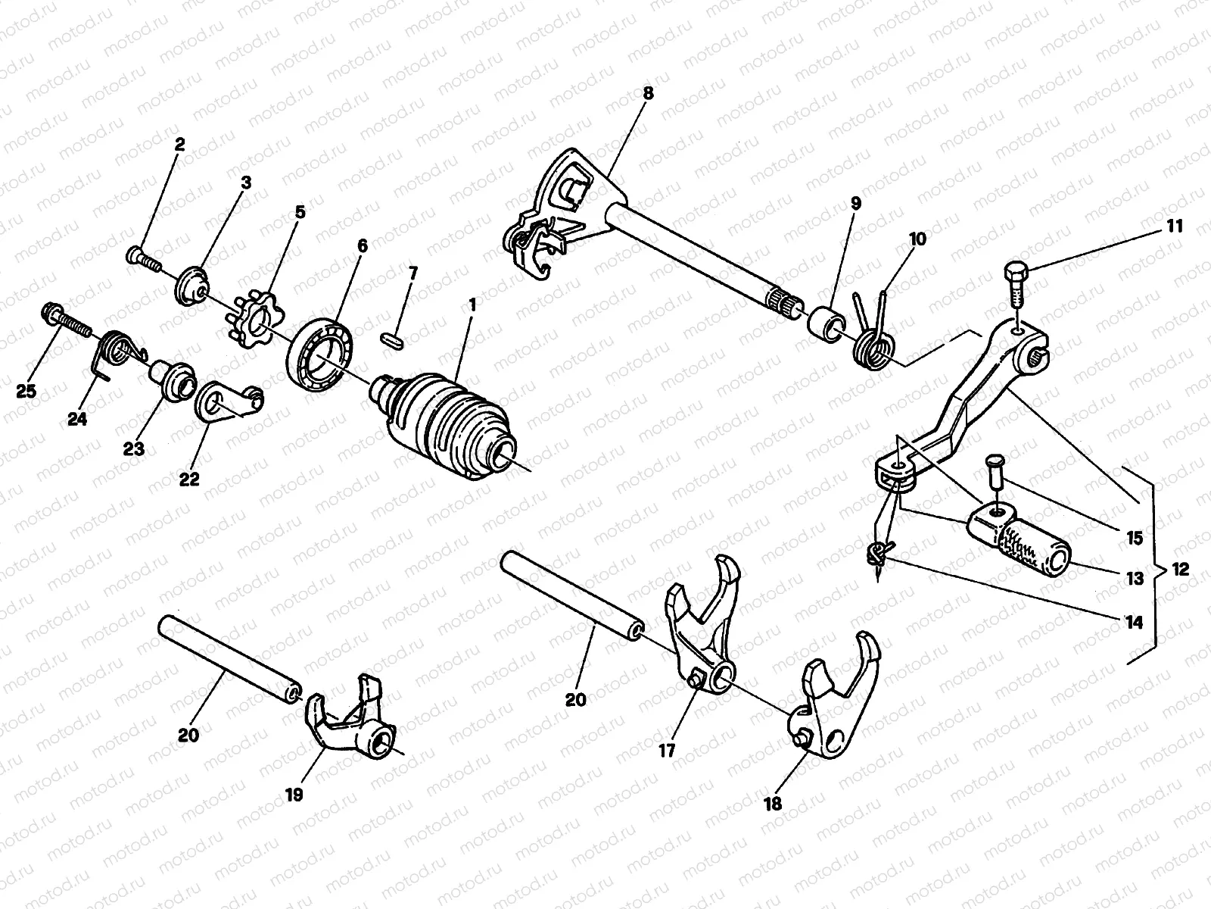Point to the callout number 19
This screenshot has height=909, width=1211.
[294, 795]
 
